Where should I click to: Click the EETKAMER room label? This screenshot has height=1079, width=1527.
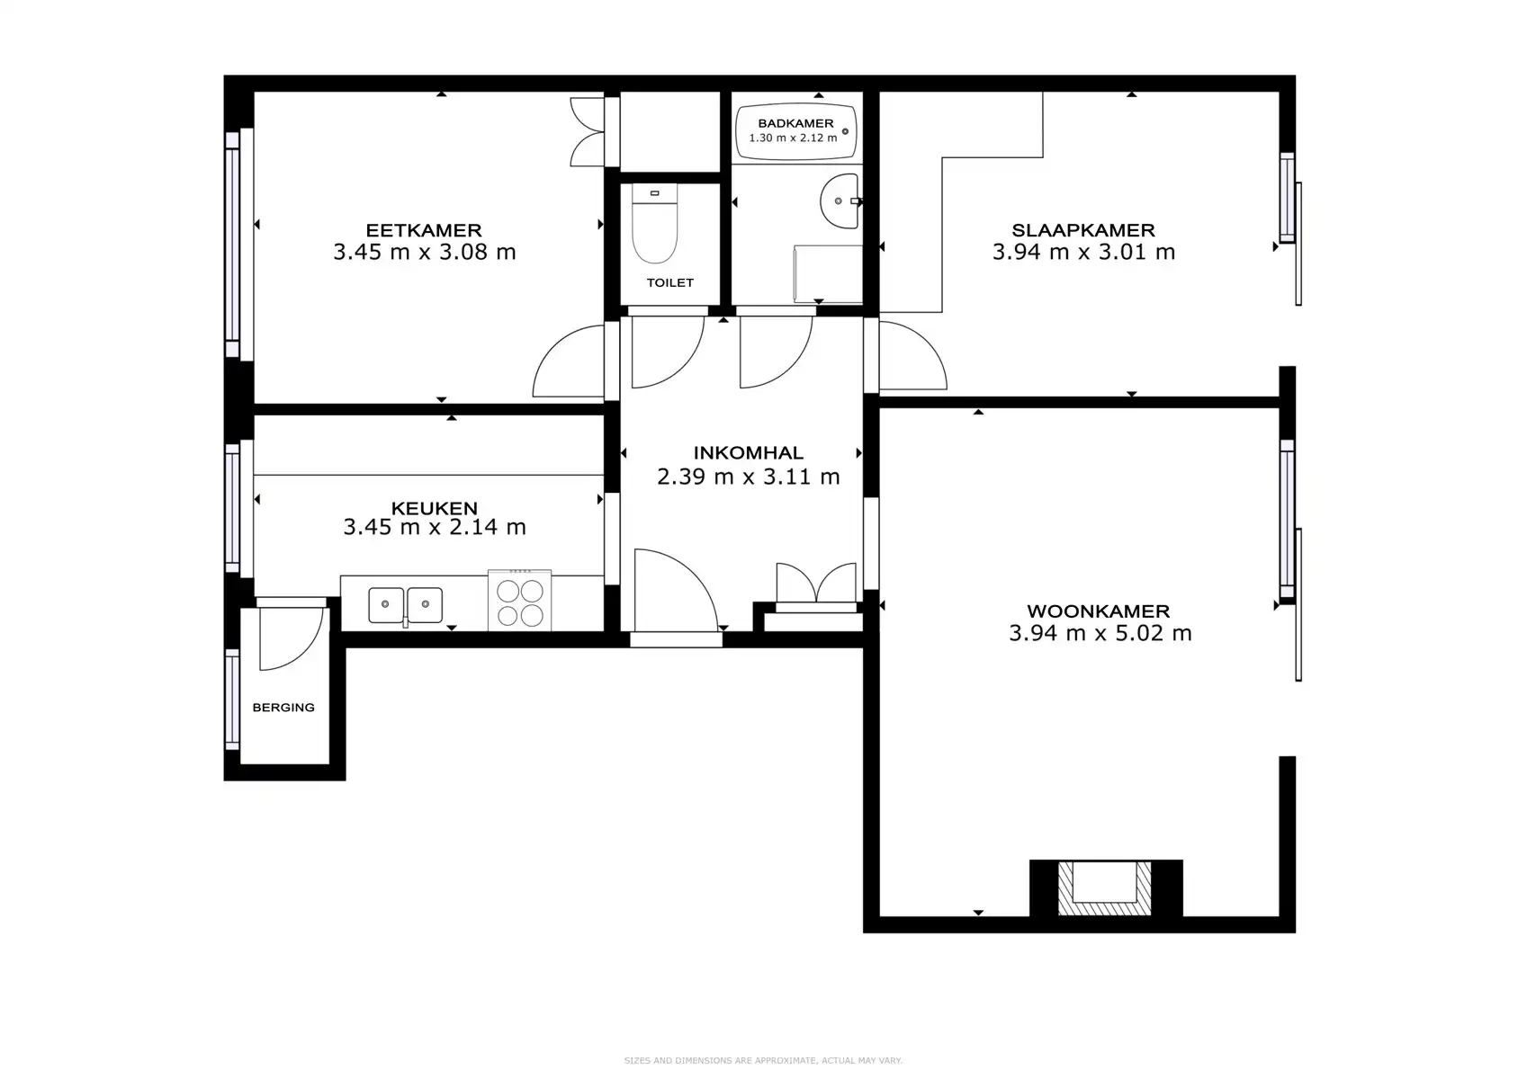coord(423,230)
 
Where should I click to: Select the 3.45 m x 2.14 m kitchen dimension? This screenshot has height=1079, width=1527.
coord(434,527)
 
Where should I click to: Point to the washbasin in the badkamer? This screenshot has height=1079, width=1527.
coord(839,201)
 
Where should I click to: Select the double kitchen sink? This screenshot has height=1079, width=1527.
coord(405,604)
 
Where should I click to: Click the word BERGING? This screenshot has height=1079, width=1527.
coord(283,708)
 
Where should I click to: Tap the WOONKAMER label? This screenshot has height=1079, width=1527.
coord(1098,611)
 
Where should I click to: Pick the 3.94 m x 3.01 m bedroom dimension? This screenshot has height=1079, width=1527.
coord(1083,253)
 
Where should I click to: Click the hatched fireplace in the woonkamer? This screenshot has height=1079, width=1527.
coord(1104,888)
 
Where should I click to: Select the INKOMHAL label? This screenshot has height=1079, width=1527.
coord(748,453)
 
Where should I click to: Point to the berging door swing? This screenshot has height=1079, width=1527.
coord(288,638)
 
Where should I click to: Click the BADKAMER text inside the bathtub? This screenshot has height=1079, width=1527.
coord(795,123)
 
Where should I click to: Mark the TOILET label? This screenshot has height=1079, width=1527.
coord(669,282)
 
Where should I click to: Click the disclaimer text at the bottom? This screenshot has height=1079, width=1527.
coord(763,1061)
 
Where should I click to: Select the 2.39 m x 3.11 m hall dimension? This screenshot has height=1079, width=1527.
coord(748,477)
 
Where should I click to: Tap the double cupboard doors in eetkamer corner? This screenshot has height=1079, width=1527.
coord(587,132)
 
